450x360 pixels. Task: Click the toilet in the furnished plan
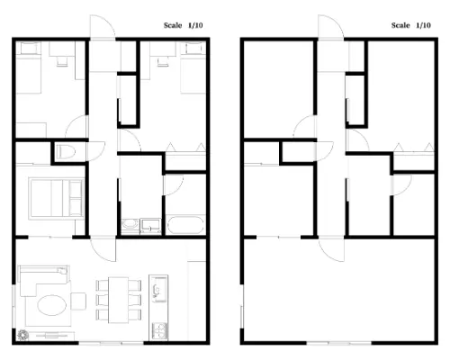click(67, 152)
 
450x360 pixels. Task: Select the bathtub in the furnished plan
click(185, 225)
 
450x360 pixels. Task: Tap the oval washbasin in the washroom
click(130, 224)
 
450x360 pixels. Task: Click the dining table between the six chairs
click(119, 300)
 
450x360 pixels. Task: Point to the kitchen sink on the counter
click(157, 289)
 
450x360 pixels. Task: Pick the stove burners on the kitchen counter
click(158, 330)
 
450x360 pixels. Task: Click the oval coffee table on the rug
click(51, 305)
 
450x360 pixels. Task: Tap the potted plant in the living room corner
click(22, 335)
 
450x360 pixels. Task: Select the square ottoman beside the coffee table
click(78, 301)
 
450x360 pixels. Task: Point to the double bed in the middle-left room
click(56, 198)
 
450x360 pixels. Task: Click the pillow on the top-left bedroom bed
click(30, 48)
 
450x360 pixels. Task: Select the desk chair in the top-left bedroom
click(62, 61)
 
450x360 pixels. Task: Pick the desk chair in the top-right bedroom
click(163, 61)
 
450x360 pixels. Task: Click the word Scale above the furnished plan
click(173, 25)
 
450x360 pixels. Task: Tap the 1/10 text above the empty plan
click(423, 25)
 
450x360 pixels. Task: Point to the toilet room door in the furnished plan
click(96, 150)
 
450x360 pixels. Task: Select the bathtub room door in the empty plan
click(402, 185)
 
